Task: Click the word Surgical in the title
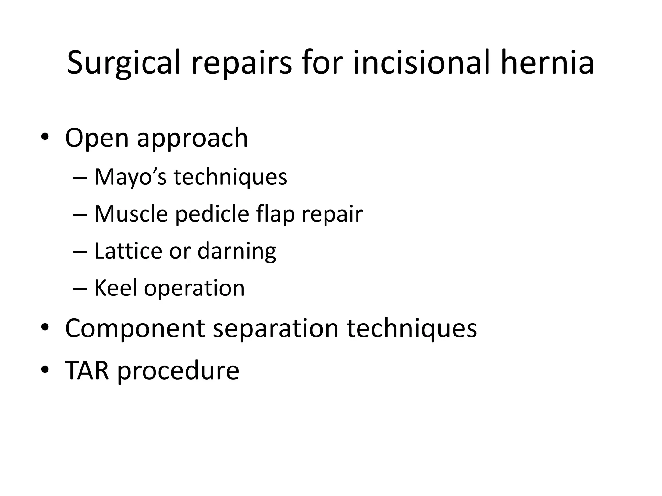tap(123, 63)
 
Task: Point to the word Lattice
tap(128, 251)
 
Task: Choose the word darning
tap(237, 252)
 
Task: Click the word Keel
tap(115, 288)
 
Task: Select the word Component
tap(135, 329)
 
